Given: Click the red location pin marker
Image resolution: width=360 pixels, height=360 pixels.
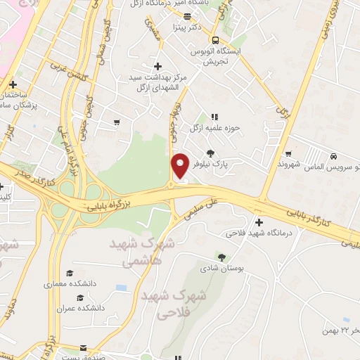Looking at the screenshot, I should click(x=181, y=164).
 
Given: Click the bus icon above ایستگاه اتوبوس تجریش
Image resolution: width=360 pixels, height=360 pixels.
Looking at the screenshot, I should click(x=216, y=40).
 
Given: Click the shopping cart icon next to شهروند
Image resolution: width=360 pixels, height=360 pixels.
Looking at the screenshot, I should click(x=288, y=154).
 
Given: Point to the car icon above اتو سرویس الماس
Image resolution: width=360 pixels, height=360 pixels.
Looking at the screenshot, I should click(x=332, y=156).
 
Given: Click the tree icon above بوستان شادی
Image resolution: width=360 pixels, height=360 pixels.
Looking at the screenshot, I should click(x=222, y=257).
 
